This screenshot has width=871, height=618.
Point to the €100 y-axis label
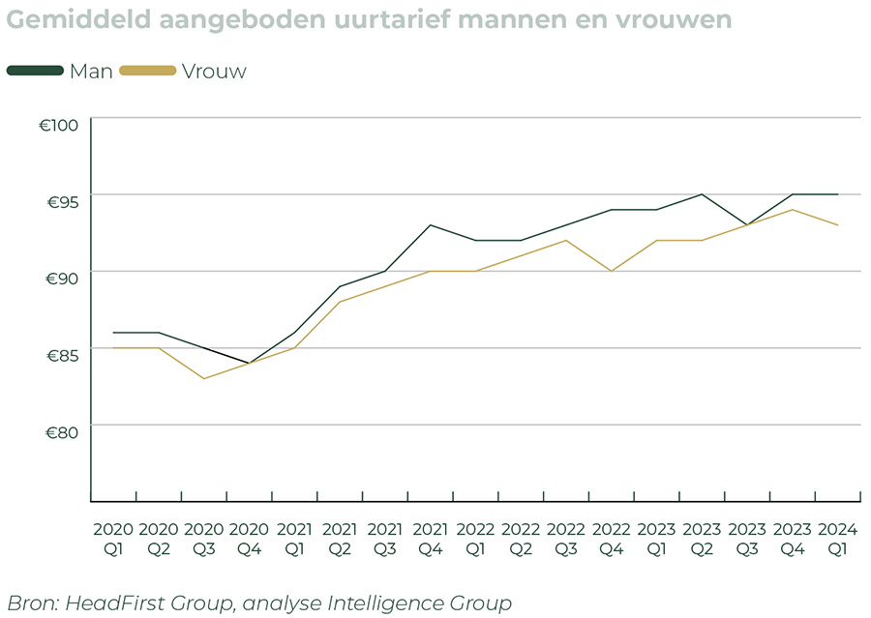pos(63,126)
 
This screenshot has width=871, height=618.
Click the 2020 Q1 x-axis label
pos(113,540)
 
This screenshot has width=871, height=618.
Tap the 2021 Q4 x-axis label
pos(431,540)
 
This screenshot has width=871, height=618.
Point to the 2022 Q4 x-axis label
pos(612,540)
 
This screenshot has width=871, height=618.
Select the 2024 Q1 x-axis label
pos(838,540)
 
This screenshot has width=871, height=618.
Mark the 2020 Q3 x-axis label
pos(203,540)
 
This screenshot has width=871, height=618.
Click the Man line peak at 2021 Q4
pos(431,225)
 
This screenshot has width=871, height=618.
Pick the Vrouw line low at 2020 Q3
pos(203,378)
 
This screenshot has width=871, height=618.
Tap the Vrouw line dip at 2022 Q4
pos(612,271)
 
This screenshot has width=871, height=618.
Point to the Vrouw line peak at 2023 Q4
pos(793,210)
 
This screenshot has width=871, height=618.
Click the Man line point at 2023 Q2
pos(703,194)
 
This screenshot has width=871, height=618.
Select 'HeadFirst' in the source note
pos(107,603)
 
